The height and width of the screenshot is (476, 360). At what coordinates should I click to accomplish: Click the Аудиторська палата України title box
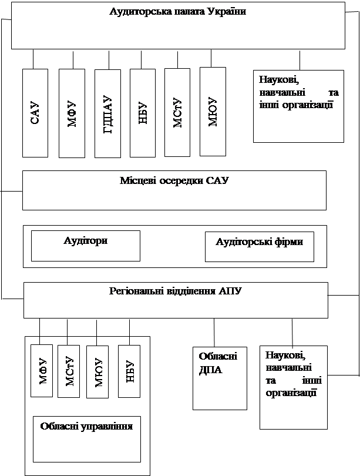(x=178, y=25)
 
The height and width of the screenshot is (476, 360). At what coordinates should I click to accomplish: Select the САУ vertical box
(x=35, y=113)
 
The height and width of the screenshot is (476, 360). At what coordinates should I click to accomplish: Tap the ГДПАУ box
(x=107, y=113)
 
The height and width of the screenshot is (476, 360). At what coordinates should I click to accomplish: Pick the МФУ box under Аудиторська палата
(x=72, y=113)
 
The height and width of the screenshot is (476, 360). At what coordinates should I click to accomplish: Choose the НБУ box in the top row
(x=143, y=113)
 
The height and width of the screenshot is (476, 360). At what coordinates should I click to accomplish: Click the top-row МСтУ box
(x=177, y=112)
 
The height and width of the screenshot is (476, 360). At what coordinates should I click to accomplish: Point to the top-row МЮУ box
(x=213, y=111)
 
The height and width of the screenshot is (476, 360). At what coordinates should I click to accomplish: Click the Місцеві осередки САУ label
(x=174, y=181)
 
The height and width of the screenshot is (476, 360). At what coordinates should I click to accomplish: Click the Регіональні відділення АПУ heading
(x=175, y=291)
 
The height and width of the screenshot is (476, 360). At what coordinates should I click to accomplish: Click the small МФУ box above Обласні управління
(x=42, y=371)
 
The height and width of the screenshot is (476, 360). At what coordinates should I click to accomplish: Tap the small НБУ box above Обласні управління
(x=129, y=371)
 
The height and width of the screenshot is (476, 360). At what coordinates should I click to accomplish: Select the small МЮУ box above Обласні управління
(x=97, y=372)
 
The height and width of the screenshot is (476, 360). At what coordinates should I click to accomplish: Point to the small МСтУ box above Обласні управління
(x=69, y=371)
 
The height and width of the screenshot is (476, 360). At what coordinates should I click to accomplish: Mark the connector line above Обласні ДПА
(x=214, y=333)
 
